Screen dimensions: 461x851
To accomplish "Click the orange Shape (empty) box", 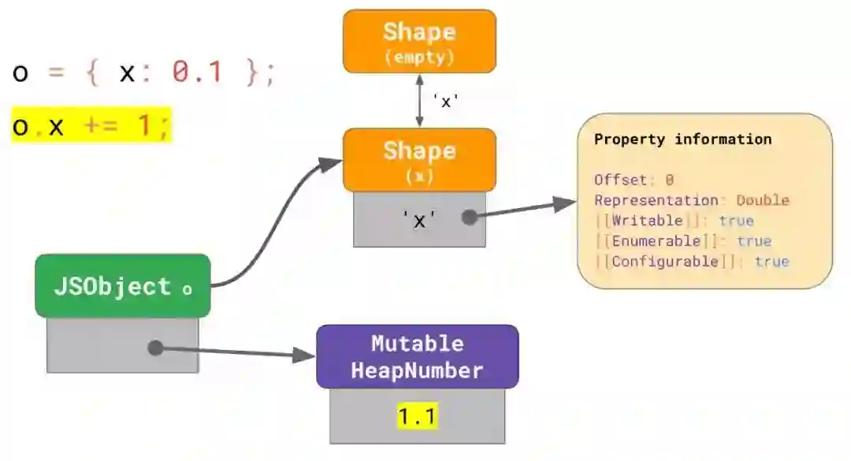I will [419, 41].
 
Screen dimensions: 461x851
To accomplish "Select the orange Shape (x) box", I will [419, 159].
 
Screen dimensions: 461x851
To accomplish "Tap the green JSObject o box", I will [122, 286].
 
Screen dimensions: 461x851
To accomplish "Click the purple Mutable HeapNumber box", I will [417, 356].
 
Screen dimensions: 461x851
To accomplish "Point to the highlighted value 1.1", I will [417, 416].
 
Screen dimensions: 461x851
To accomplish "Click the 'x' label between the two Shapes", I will [445, 102].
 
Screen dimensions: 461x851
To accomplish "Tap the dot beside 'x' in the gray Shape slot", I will [470, 217].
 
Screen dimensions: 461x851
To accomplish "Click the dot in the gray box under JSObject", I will [155, 348].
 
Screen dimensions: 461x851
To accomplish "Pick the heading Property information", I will [682, 139].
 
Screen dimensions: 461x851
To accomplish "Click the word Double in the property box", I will [763, 200].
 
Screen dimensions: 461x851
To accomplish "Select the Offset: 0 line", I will [634, 180].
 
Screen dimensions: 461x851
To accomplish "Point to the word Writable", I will [647, 221].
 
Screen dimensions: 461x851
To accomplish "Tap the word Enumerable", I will [656, 241].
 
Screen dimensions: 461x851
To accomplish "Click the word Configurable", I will [664, 262].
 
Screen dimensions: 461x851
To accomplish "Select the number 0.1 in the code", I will [197, 73].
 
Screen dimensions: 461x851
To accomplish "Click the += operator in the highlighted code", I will [99, 126].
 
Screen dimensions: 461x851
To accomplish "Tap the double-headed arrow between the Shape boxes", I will [419, 101].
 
